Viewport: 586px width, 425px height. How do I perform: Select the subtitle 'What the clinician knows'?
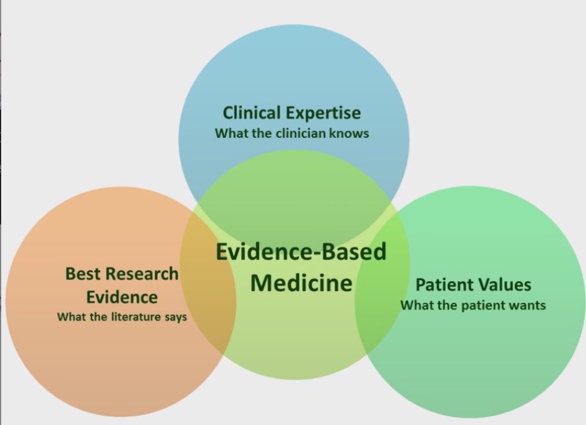click(292, 133)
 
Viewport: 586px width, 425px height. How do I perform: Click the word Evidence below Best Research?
click(122, 298)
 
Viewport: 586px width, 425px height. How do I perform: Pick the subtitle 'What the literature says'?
click(122, 317)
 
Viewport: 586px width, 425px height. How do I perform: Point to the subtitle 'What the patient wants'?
click(473, 305)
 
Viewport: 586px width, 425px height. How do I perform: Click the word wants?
click(528, 305)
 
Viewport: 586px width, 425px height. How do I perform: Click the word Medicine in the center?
click(301, 283)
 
